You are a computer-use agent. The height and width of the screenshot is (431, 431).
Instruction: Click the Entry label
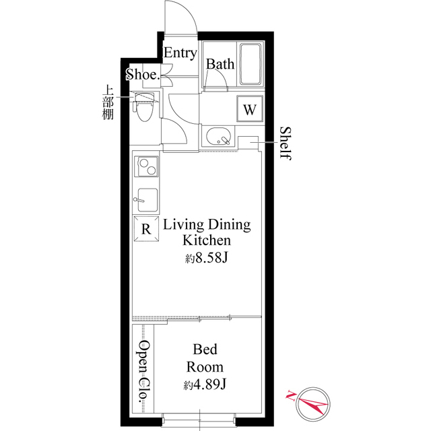tap(180, 53)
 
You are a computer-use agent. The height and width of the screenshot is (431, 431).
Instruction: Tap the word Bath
tap(220, 65)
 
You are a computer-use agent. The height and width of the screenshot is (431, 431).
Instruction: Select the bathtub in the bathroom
tap(253, 65)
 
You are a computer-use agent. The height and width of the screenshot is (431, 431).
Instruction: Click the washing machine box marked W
tap(249, 110)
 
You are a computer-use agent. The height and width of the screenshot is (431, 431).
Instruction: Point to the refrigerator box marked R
tap(146, 228)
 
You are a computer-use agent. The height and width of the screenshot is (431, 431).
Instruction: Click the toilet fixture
tap(143, 108)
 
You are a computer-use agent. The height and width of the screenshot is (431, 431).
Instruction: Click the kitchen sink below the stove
tap(146, 200)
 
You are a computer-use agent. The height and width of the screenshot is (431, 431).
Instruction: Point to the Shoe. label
tap(142, 75)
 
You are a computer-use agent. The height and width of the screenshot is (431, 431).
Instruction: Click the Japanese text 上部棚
tap(107, 102)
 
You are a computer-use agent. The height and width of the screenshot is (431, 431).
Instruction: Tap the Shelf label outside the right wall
tap(285, 143)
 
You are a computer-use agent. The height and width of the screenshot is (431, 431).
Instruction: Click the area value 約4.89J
tap(205, 385)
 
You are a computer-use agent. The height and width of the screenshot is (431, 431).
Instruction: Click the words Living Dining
tap(207, 224)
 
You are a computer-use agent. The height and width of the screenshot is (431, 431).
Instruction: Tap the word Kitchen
tap(207, 240)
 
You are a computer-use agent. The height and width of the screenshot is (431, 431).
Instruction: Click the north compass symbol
tap(307, 402)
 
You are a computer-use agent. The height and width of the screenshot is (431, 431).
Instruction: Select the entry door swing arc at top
tap(180, 17)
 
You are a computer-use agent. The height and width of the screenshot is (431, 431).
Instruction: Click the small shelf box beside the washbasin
tap(247, 141)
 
